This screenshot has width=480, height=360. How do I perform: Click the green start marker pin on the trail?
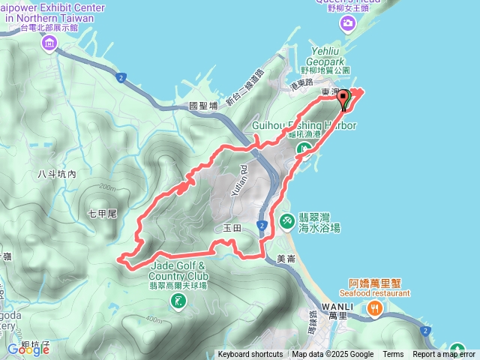(344, 98)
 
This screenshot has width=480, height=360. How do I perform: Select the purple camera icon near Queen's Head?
(348, 24)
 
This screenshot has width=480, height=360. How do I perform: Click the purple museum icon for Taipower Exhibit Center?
(49, 43)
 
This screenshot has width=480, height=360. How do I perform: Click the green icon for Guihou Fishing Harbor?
(302, 150)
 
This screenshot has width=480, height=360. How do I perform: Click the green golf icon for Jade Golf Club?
(178, 301)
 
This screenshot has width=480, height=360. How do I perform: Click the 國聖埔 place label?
(203, 106)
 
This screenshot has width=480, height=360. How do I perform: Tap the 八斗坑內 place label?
(57, 174)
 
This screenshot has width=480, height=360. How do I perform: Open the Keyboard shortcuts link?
(250, 355)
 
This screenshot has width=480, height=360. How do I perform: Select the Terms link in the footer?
(393, 355)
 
